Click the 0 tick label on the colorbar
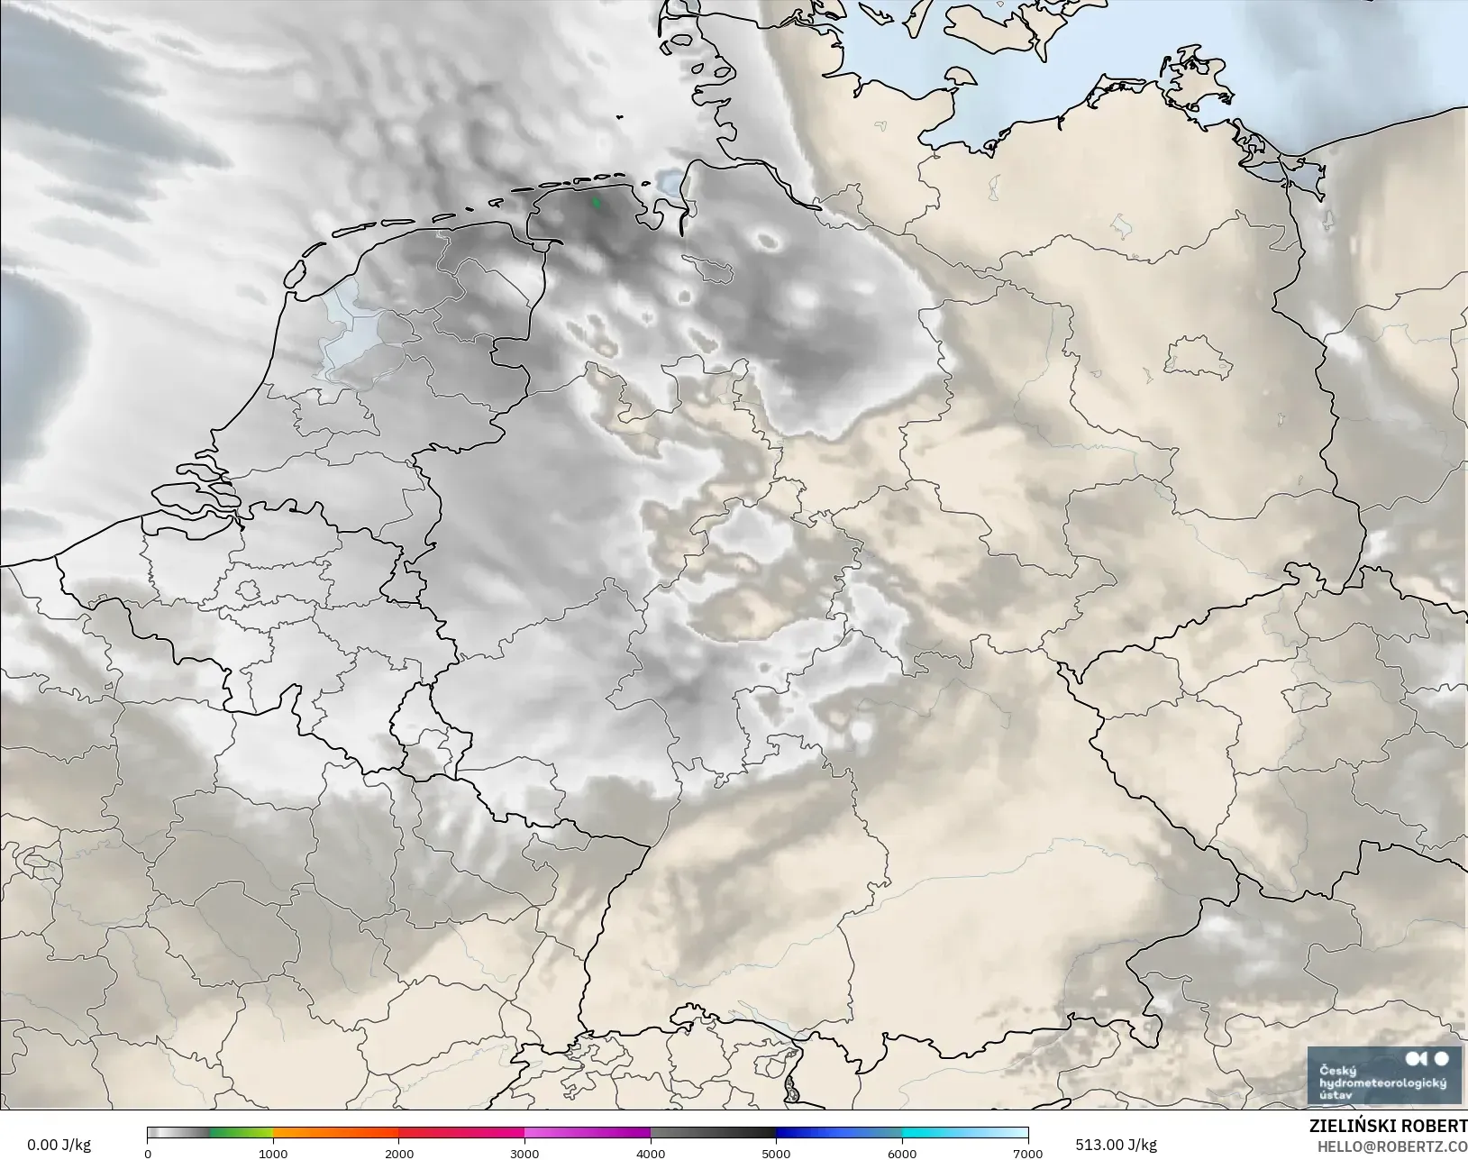point(148,1153)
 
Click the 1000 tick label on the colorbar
point(273,1153)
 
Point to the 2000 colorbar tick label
point(399,1153)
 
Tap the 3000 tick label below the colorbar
point(524,1153)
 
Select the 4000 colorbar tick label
point(651,1153)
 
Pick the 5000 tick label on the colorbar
point(776,1153)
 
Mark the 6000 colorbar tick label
point(902,1153)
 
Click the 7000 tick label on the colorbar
point(1028,1153)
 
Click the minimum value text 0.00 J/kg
point(59,1145)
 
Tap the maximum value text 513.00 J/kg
point(1116,1145)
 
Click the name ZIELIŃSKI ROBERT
point(1388,1127)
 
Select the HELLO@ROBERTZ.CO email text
point(1392,1146)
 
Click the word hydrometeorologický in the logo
point(1381,1082)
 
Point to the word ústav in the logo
point(1336,1094)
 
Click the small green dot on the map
point(596,203)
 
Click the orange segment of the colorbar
point(335,1133)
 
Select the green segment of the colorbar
point(242,1133)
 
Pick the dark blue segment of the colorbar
point(807,1133)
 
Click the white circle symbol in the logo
point(1441,1059)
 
